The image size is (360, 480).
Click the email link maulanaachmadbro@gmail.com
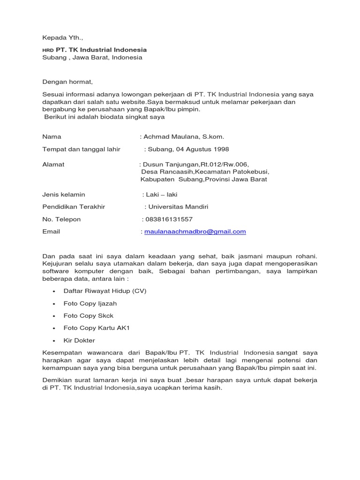click(x=195, y=232)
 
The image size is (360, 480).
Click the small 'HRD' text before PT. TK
click(x=48, y=50)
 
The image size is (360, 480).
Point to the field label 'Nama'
click(x=52, y=137)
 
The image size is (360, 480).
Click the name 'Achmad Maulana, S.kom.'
click(x=184, y=137)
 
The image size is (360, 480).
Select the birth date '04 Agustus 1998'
click(x=206, y=150)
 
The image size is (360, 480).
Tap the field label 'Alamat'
click(x=53, y=165)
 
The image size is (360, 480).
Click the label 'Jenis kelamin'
click(x=64, y=195)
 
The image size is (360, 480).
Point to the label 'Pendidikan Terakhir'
click(x=74, y=207)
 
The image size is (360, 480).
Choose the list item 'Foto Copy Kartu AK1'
click(x=97, y=328)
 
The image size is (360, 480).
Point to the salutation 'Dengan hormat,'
click(x=67, y=82)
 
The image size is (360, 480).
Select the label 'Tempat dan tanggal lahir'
click(x=81, y=150)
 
